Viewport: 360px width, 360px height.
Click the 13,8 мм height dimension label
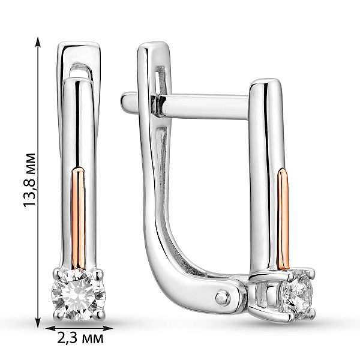[29, 180]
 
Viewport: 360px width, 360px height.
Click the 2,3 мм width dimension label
[80, 338]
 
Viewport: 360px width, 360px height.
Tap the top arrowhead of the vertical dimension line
[38, 42]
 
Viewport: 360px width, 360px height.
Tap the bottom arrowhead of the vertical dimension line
[38, 322]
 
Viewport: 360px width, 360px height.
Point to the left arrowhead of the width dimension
[51, 329]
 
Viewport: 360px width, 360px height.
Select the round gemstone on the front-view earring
[78, 295]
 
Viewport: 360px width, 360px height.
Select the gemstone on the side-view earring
[297, 295]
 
